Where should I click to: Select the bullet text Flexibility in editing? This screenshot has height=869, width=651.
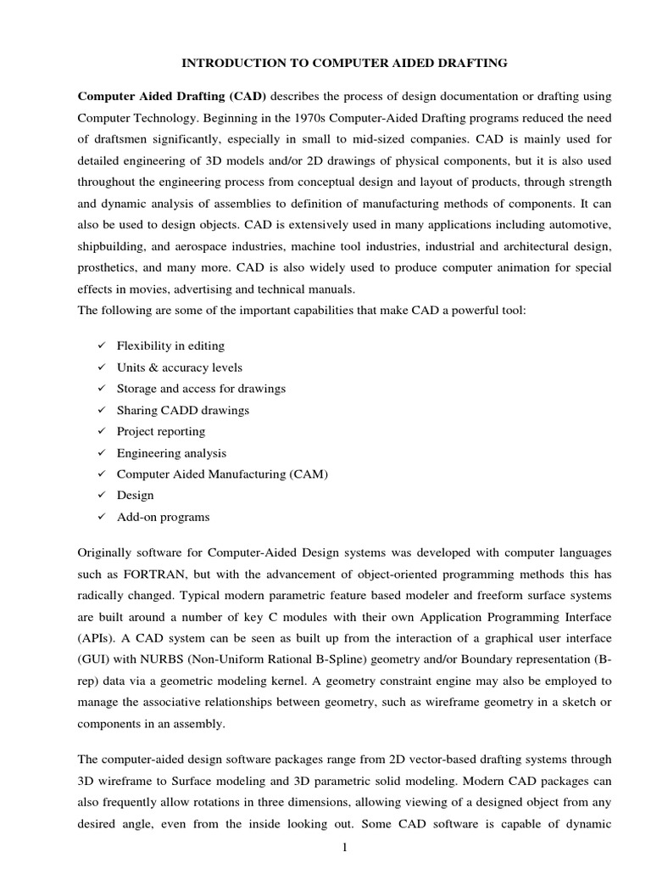coord(170,345)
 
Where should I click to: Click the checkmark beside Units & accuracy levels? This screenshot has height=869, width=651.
coord(100,367)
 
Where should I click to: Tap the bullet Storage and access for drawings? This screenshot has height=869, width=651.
coord(201,388)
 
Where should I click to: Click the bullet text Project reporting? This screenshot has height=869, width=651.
coord(161,431)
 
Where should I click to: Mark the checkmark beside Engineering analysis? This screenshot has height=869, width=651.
coord(100,453)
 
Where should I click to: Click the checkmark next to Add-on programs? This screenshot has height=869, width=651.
coord(100,517)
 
